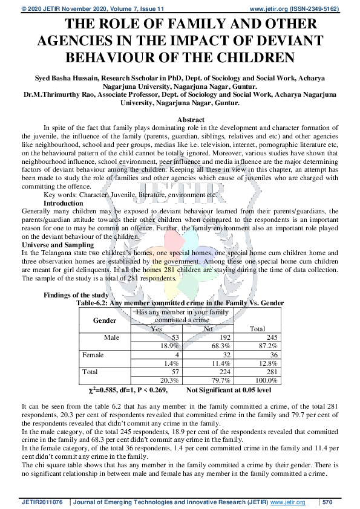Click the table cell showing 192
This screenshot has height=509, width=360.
[x=222, y=337]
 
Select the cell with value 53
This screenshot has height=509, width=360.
[x=175, y=337]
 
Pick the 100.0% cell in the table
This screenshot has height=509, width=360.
[x=266, y=381]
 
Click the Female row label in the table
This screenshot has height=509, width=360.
[x=93, y=355]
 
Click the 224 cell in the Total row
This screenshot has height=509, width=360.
[x=222, y=372]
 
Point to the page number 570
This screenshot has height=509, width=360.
[x=327, y=502]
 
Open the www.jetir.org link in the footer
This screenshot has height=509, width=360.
[x=287, y=502]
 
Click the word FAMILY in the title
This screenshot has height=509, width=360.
[x=183, y=25]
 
